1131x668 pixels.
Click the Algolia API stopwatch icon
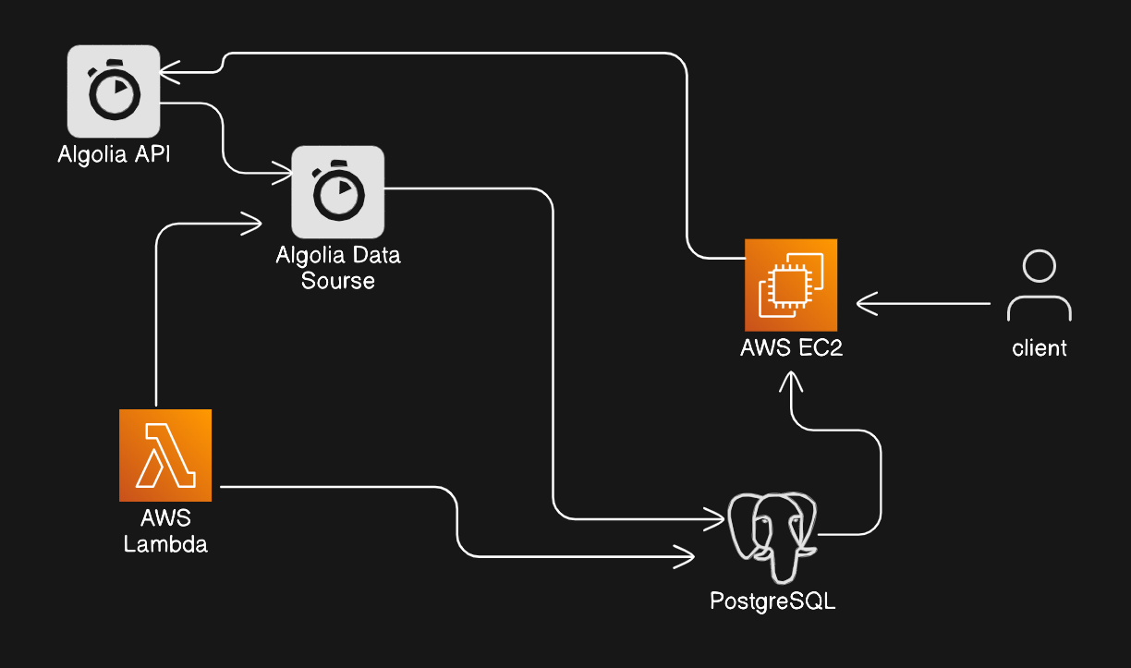tap(114, 91)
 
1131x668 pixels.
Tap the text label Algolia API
tap(114, 154)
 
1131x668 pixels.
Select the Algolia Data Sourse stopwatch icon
tap(337, 191)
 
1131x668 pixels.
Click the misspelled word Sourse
tap(338, 280)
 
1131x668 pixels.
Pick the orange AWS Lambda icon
tap(165, 455)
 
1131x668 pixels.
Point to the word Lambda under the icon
tap(165, 544)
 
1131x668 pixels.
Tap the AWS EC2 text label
tap(791, 348)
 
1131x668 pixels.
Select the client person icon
tap(1040, 285)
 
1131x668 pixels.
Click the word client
tap(1040, 348)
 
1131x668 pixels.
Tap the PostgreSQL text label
tap(772, 601)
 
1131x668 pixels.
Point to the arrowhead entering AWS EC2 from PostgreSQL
tap(791, 381)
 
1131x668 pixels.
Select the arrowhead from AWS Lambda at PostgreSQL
tap(686, 557)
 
